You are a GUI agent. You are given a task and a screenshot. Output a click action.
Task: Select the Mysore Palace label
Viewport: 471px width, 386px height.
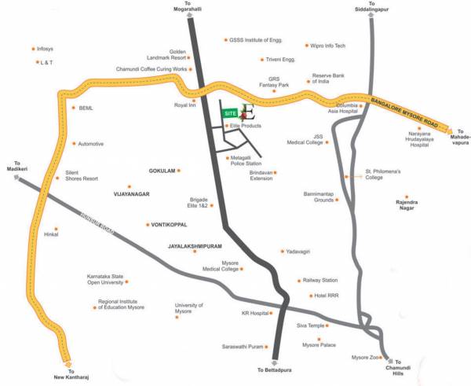[x=319, y=345]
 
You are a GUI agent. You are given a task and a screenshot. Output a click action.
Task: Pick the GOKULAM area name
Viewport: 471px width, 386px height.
[x=160, y=171]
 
